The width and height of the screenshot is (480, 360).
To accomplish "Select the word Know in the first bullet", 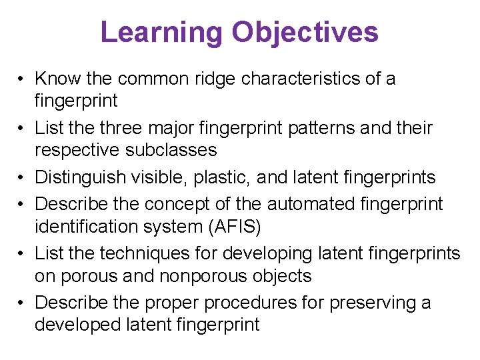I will [58, 79].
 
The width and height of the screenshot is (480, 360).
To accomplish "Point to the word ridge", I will [217, 79].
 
